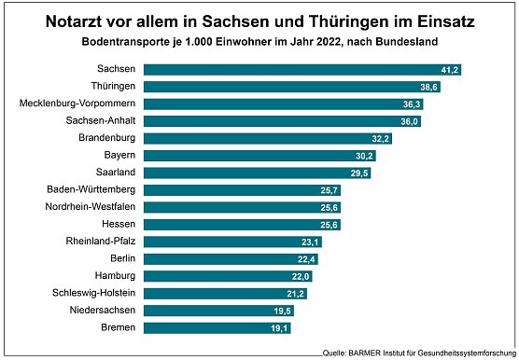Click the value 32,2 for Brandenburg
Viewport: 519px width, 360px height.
(381, 138)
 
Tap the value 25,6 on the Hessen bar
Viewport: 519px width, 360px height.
(328, 225)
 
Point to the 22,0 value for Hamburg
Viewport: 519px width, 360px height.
(300, 276)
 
